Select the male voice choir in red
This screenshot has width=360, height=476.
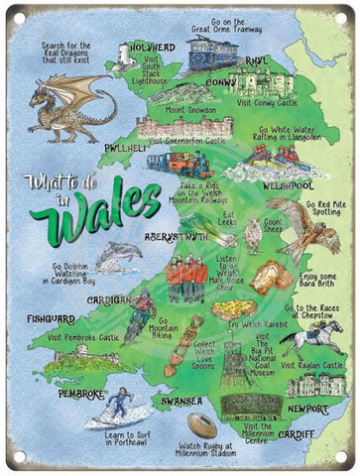(x=186, y=281)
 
